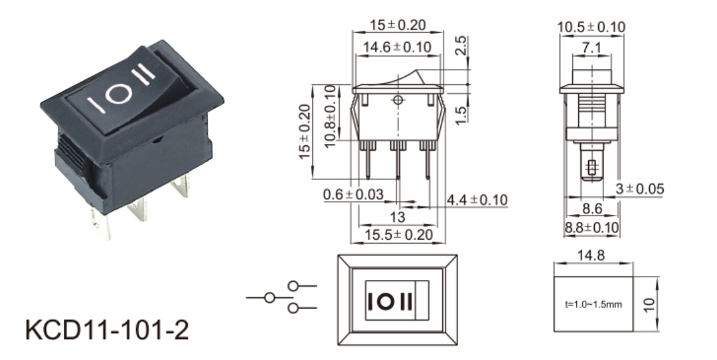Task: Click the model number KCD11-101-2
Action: pyautogui.click(x=107, y=330)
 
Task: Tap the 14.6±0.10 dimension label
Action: pyautogui.click(x=398, y=47)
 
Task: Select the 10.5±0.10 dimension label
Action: pyautogui.click(x=591, y=27)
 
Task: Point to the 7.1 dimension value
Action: pyautogui.click(x=591, y=47)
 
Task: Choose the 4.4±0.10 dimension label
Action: pyautogui.click(x=477, y=200)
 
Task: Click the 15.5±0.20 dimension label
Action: pyautogui.click(x=399, y=235)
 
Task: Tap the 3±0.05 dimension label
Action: pyautogui.click(x=639, y=189)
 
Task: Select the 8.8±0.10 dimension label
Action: pyautogui.click(x=593, y=227)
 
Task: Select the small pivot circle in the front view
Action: pyautogui.click(x=397, y=101)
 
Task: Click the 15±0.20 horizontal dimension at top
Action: pyautogui.click(x=398, y=26)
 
